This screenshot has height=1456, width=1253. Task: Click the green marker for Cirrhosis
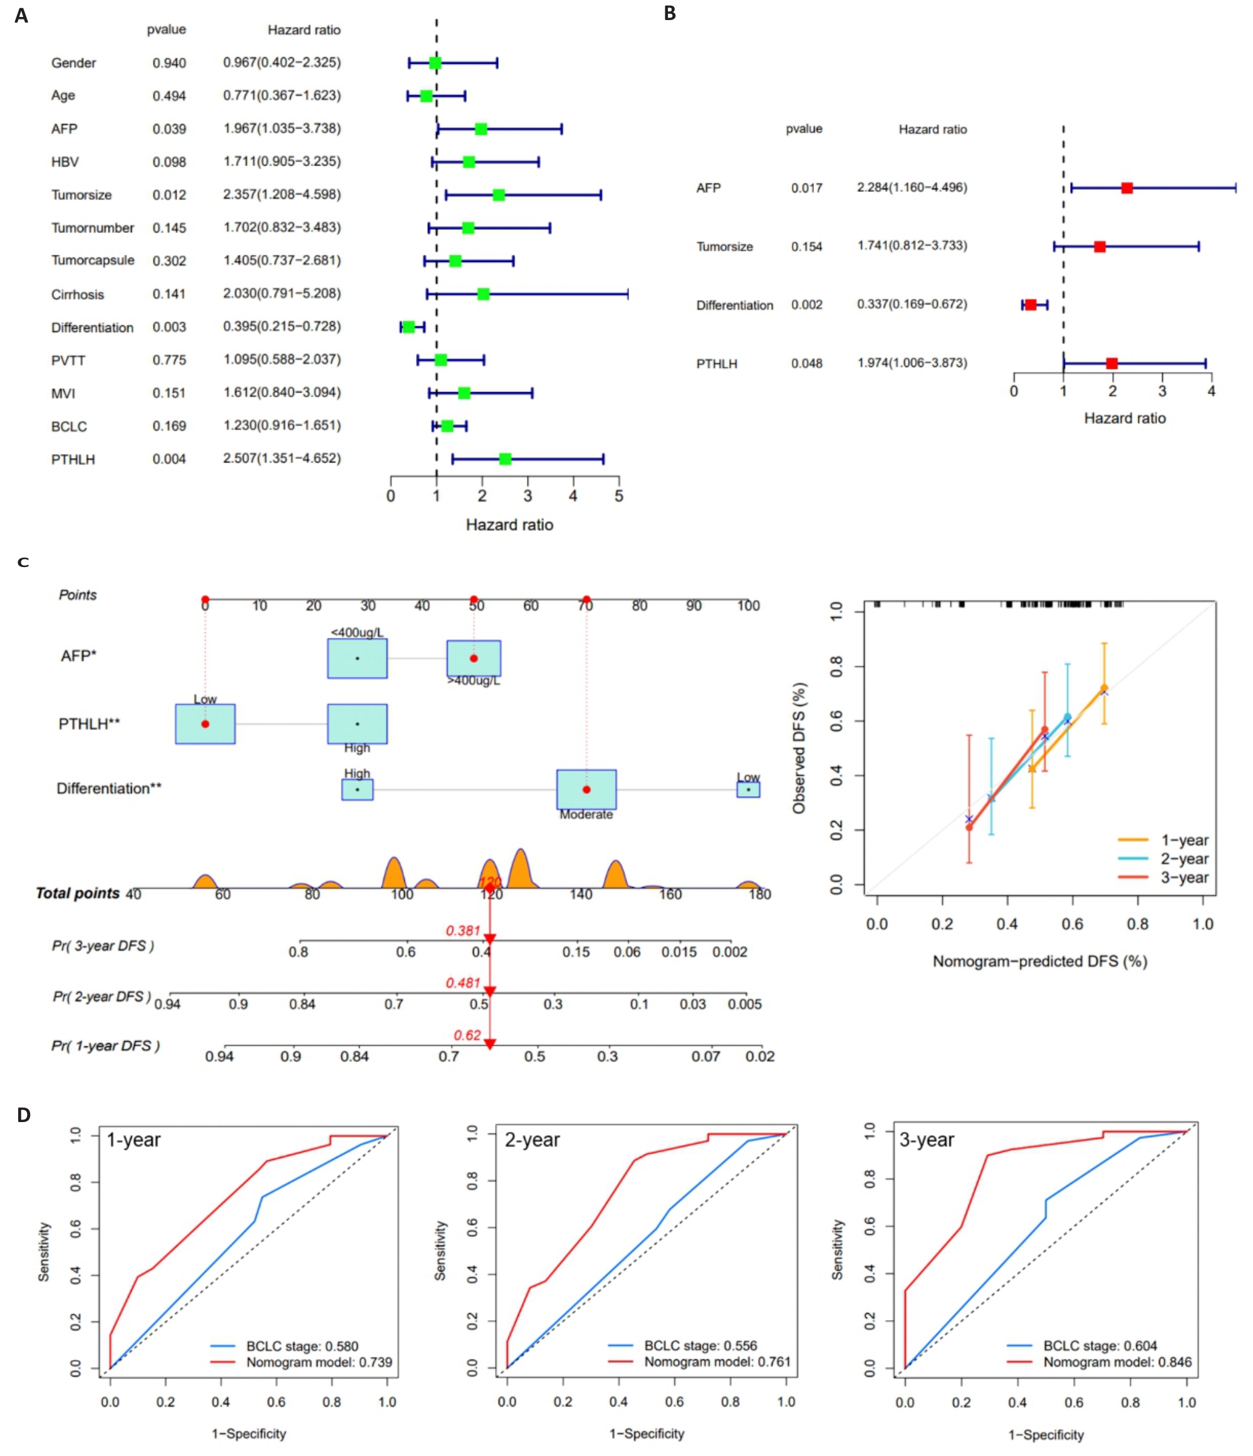tap(483, 294)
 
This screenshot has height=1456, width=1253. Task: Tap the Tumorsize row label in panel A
tap(81, 195)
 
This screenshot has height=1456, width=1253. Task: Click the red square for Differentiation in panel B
tap(1030, 305)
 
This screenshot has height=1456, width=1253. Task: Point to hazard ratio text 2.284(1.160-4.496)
tap(912, 187)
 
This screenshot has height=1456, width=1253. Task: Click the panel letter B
tap(670, 13)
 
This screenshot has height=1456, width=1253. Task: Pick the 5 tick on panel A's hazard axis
tap(618, 496)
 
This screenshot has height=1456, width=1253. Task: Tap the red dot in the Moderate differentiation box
tap(586, 790)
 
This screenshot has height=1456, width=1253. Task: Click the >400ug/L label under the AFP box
tap(474, 680)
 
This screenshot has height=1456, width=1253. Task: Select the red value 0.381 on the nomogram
tap(463, 930)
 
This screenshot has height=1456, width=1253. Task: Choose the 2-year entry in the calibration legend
tap(1184, 859)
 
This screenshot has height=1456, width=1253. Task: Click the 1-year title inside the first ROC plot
tap(133, 1140)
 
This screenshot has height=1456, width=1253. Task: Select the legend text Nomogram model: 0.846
tap(1116, 1362)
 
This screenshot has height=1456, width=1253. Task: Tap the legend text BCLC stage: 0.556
tap(700, 1345)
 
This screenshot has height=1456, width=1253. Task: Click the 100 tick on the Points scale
tap(747, 606)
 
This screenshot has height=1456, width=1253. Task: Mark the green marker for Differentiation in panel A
tap(408, 327)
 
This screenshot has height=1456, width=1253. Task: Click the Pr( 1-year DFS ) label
tap(105, 1046)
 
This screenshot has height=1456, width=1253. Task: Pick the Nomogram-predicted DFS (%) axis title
tap(1039, 961)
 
